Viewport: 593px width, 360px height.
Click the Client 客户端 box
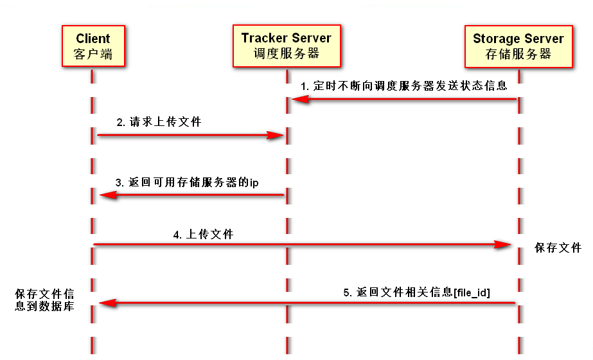[x=93, y=46]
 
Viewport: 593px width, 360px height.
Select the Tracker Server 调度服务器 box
[x=287, y=46]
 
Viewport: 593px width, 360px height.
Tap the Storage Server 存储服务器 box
[x=518, y=46]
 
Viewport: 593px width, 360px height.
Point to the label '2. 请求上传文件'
[x=159, y=122]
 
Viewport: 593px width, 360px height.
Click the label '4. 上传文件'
[x=203, y=235]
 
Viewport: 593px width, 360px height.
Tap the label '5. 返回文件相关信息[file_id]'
[x=416, y=292]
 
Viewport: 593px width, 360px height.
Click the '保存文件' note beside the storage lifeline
[x=558, y=248]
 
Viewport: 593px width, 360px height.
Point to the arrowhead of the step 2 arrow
[x=277, y=135]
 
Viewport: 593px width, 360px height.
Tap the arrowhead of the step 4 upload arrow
[x=504, y=245]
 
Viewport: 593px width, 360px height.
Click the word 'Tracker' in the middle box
[x=263, y=38]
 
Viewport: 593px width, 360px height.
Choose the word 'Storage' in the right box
[x=495, y=39]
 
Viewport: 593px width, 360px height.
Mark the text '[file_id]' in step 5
[x=472, y=292]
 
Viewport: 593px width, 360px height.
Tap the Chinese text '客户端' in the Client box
[x=93, y=55]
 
